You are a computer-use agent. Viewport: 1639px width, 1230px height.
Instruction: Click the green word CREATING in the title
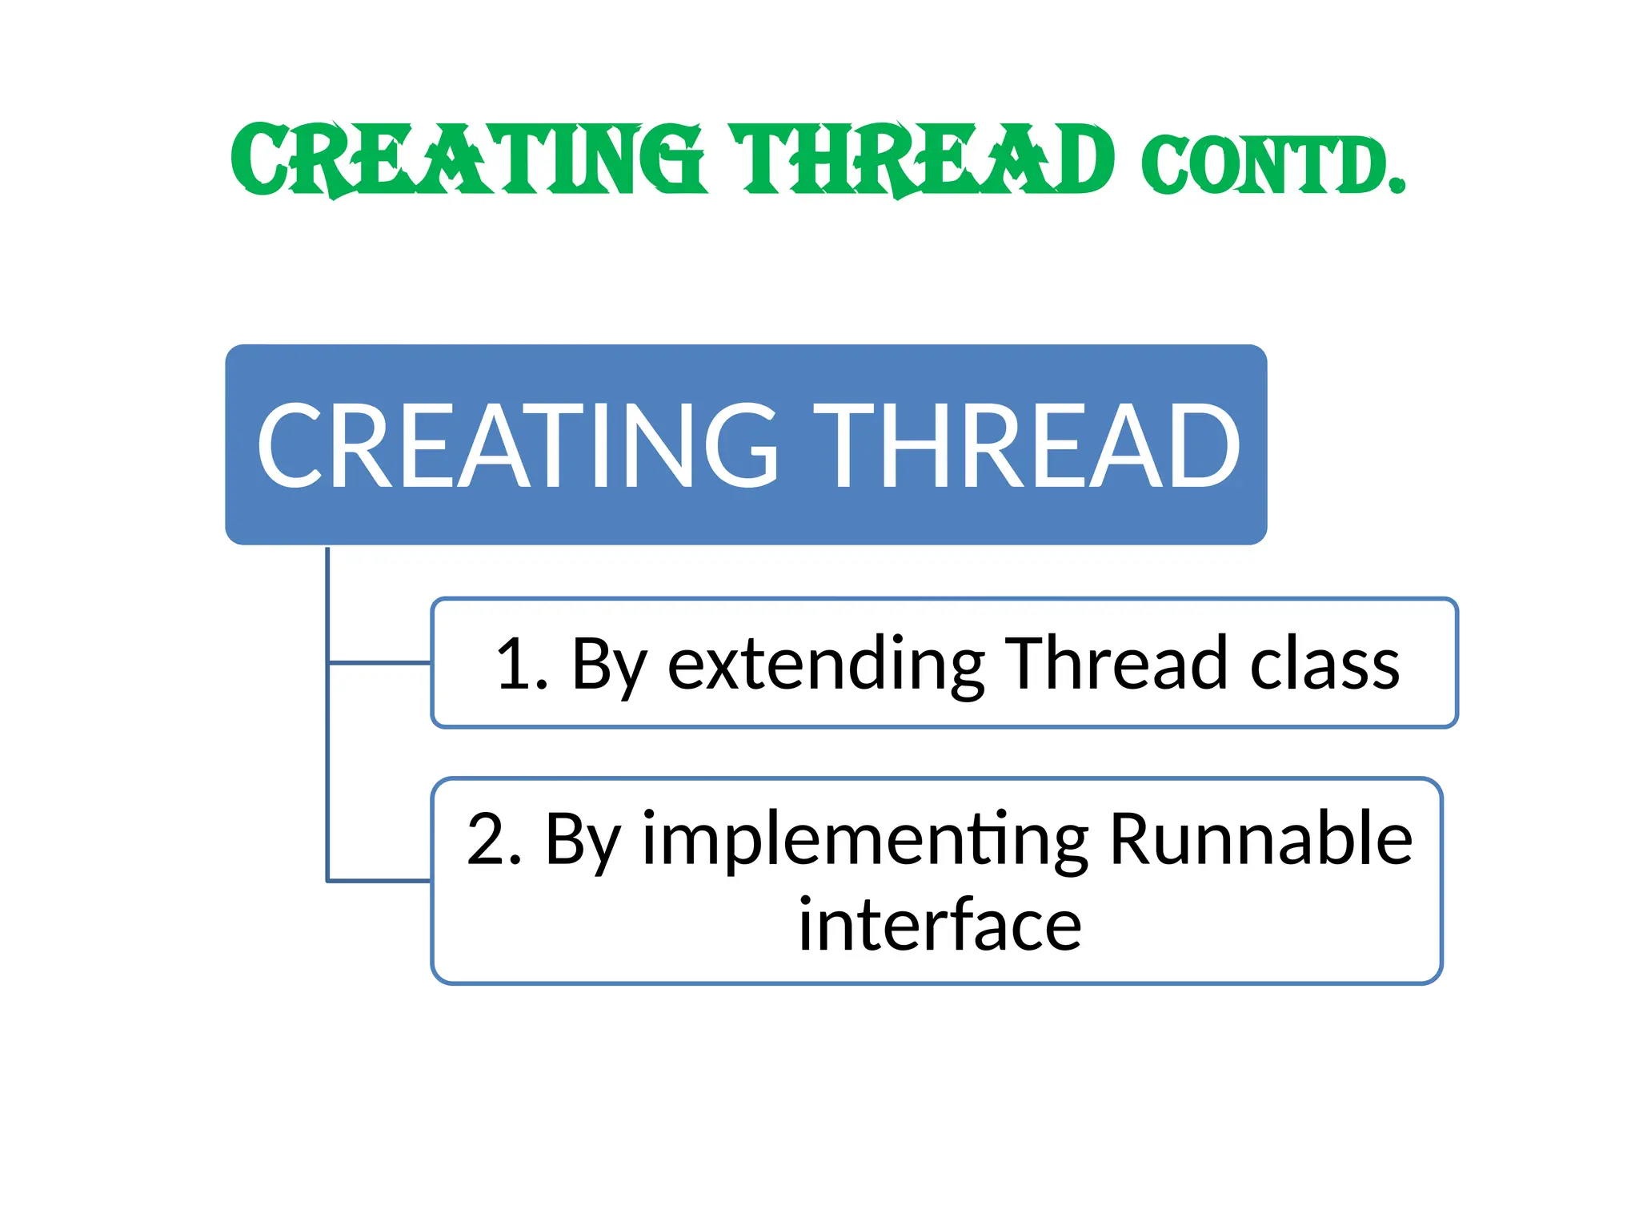pos(468,160)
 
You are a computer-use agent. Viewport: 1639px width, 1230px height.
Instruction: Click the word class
pos(1324,665)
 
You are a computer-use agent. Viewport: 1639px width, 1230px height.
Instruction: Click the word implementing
pos(864,841)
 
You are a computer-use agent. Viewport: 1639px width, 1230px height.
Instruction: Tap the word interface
pos(940,926)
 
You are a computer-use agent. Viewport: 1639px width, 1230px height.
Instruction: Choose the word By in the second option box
pos(583,841)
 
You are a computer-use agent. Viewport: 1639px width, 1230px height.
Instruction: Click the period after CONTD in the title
pos(1397,187)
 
